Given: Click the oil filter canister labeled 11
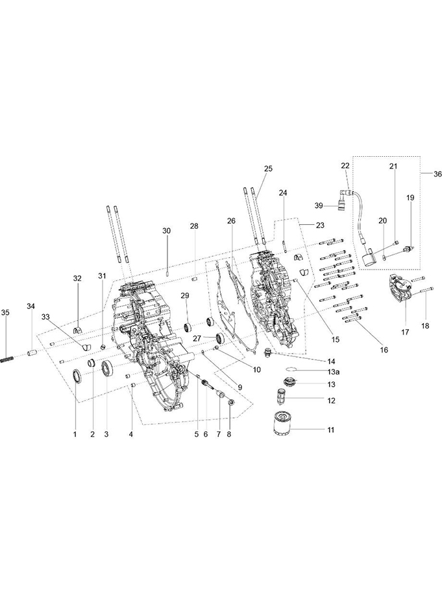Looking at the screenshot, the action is click(x=281, y=423).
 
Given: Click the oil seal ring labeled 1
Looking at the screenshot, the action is click(x=77, y=376).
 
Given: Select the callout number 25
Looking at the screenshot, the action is click(x=268, y=168).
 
